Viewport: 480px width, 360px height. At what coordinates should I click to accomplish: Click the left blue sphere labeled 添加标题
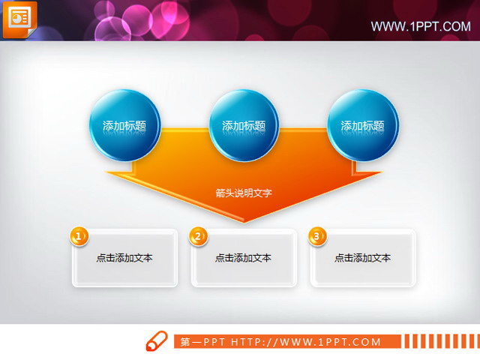(x=124, y=125)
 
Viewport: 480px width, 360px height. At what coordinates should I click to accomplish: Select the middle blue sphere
(x=243, y=125)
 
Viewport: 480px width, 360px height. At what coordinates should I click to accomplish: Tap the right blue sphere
(x=362, y=125)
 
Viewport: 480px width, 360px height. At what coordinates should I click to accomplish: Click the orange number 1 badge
(x=79, y=236)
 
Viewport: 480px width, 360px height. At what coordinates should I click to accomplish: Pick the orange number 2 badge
(x=198, y=236)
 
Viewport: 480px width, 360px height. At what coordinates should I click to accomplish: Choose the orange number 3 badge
(x=317, y=236)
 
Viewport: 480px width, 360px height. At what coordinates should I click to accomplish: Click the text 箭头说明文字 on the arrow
(x=243, y=193)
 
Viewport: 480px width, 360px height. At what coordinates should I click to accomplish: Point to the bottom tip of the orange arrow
(x=244, y=221)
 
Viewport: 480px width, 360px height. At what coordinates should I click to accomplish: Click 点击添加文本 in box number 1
(x=124, y=258)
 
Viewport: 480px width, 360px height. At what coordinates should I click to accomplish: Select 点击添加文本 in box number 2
(x=243, y=258)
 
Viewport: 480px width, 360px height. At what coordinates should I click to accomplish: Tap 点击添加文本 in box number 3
(x=362, y=258)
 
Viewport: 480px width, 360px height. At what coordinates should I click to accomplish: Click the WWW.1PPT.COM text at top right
(x=421, y=27)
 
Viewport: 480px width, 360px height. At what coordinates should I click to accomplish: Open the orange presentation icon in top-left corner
(x=19, y=19)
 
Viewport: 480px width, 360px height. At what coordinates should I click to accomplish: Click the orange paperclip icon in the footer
(x=155, y=340)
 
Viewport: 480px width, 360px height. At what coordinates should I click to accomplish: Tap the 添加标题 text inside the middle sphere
(x=243, y=126)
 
